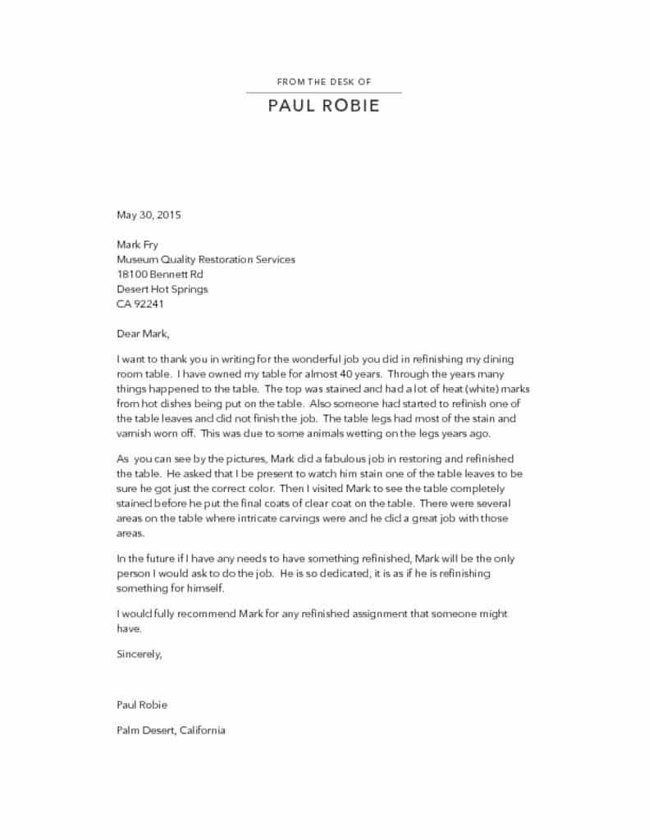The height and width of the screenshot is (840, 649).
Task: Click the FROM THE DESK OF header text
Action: coord(324,82)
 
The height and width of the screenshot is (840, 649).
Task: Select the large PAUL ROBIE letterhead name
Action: coord(324,107)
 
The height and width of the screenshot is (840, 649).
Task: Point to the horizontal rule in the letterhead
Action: coord(324,93)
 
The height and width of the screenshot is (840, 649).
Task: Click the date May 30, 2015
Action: coord(149,216)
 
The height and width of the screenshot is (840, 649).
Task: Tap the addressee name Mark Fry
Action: coord(137,244)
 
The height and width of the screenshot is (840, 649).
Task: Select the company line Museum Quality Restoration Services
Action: coord(206,259)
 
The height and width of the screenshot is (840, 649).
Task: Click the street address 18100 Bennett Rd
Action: coord(160,274)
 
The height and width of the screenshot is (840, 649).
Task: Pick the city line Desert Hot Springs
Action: coord(162,289)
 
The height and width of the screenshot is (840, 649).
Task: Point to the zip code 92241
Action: coord(150,304)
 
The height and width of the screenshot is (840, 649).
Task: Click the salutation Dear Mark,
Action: coord(144,333)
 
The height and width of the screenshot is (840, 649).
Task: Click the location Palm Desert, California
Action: coord(171,730)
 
